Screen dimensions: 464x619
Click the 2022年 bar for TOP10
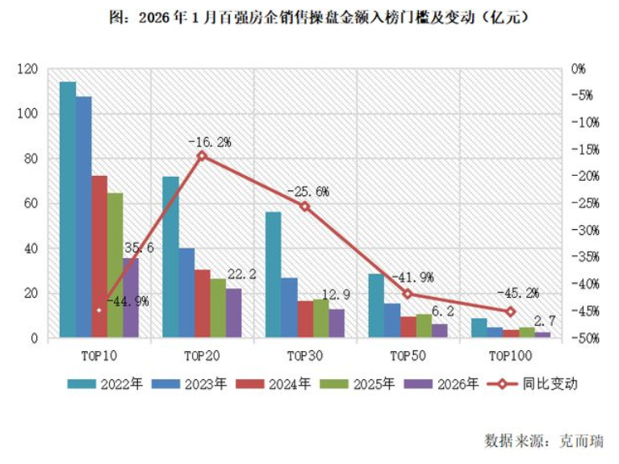[68, 210]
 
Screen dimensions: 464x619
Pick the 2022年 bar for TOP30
[274, 274]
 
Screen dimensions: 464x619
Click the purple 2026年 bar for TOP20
[233, 313]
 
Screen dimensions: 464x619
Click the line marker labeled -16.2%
[202, 156]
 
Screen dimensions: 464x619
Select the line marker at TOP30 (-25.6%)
[305, 207]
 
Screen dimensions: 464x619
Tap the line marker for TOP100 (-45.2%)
[510, 311]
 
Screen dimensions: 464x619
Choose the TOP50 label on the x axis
[408, 356]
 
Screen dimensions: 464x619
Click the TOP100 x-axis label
[511, 356]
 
